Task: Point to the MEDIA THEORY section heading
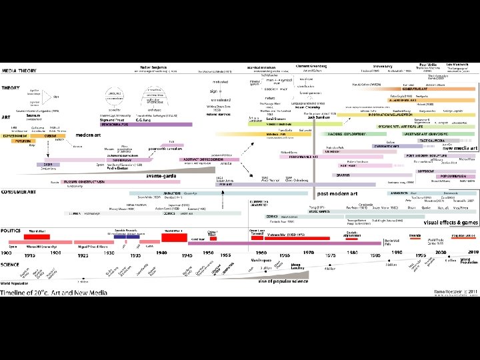[x=19, y=69]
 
